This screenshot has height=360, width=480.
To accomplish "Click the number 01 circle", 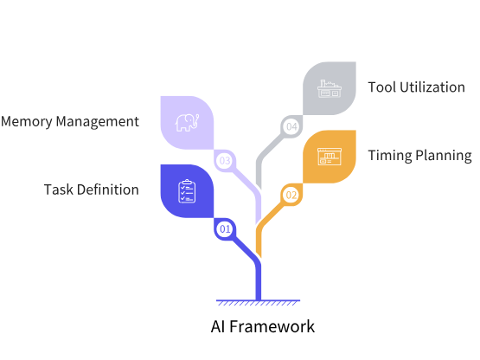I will tap(225, 229).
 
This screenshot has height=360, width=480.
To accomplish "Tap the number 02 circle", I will tap(291, 196).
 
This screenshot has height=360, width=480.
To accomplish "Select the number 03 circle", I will tap(225, 160).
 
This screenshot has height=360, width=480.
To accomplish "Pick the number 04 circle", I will tap(291, 127).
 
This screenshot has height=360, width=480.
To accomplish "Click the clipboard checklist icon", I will tap(186, 190).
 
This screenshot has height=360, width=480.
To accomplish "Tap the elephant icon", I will tap(187, 122).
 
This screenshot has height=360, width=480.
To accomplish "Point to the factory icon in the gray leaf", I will tap(330, 88).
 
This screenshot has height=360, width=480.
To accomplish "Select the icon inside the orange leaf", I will tap(330, 157).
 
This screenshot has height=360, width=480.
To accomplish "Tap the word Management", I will tap(100, 121).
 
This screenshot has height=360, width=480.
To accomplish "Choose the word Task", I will tap(58, 190).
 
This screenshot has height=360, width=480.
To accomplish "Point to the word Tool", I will tap(381, 87).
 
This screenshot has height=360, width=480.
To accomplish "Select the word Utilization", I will tap(432, 87).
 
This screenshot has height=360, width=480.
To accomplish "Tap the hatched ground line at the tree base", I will tap(259, 302).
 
